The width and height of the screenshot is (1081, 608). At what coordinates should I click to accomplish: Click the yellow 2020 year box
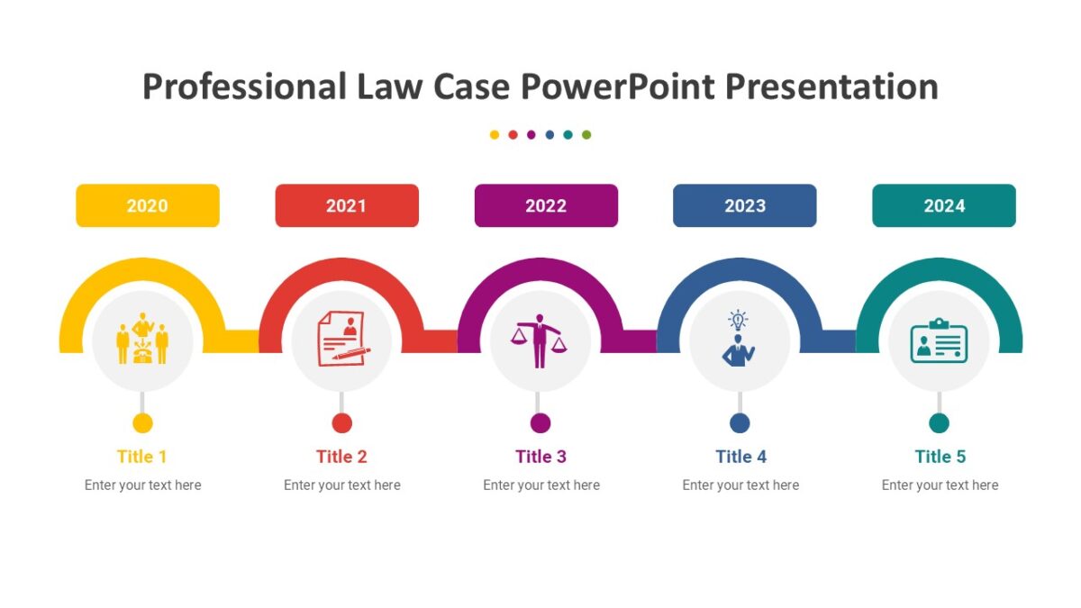click(148, 205)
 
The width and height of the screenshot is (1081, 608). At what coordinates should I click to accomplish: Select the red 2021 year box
click(347, 205)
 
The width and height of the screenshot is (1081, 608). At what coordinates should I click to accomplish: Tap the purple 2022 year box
click(546, 205)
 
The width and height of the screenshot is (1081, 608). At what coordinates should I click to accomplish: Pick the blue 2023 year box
click(745, 205)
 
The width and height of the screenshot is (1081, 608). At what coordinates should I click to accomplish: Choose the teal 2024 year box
click(944, 205)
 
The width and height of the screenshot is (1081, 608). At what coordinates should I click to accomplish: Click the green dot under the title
click(586, 135)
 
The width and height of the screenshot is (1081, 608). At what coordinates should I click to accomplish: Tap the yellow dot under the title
click(495, 135)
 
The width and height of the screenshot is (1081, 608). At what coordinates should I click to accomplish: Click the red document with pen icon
click(341, 338)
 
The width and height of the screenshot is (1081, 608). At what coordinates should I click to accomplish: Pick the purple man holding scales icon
click(540, 340)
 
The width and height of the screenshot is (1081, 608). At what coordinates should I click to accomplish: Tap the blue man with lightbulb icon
click(739, 339)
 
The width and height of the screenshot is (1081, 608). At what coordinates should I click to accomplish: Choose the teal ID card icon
click(939, 340)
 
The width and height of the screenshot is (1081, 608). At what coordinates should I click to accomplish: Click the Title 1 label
click(142, 457)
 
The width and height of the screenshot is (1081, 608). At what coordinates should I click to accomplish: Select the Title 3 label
click(540, 457)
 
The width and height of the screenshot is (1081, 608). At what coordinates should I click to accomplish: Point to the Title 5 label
click(940, 457)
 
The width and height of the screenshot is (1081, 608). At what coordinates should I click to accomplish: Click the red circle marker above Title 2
click(341, 423)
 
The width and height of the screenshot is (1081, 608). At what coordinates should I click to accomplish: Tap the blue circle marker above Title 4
click(740, 423)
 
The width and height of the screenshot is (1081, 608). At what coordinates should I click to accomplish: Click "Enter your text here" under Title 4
click(740, 485)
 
